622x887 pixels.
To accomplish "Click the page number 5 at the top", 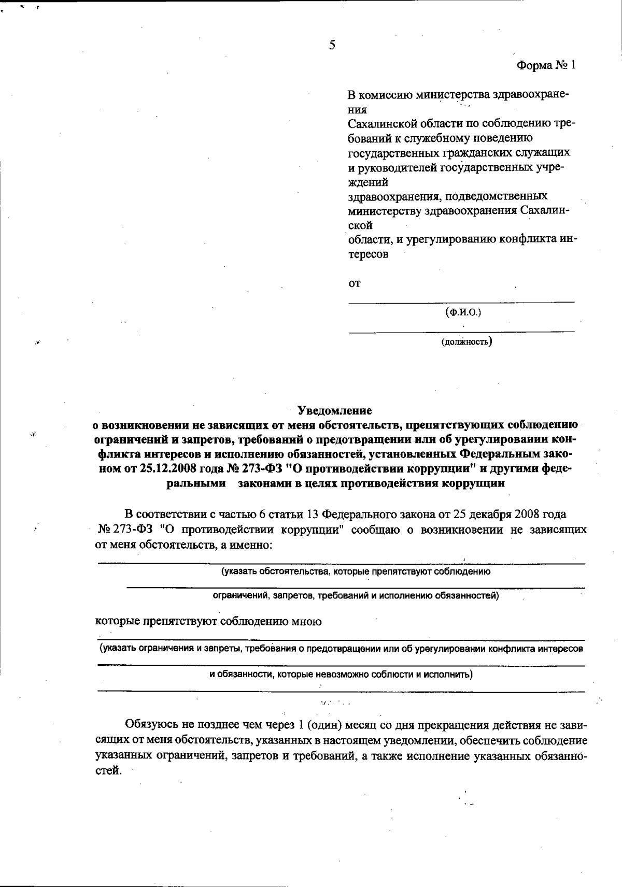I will (x=332, y=45).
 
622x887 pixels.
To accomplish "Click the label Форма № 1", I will (x=546, y=65).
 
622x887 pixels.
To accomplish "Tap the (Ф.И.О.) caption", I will (x=463, y=312).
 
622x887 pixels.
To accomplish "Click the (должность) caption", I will (x=466, y=342).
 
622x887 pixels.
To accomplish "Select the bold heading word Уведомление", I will (x=335, y=411).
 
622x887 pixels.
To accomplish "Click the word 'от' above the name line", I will (x=355, y=283).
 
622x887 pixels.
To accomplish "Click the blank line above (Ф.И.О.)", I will (x=461, y=301).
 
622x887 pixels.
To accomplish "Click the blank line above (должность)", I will (x=461, y=331).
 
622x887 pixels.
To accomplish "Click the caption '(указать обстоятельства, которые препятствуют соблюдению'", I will (x=356, y=572).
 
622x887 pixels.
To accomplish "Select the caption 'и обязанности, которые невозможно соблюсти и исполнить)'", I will (x=341, y=675).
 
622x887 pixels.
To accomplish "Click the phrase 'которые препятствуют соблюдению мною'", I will (x=208, y=621).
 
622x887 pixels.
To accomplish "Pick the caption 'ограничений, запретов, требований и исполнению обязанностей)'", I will (x=356, y=596).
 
